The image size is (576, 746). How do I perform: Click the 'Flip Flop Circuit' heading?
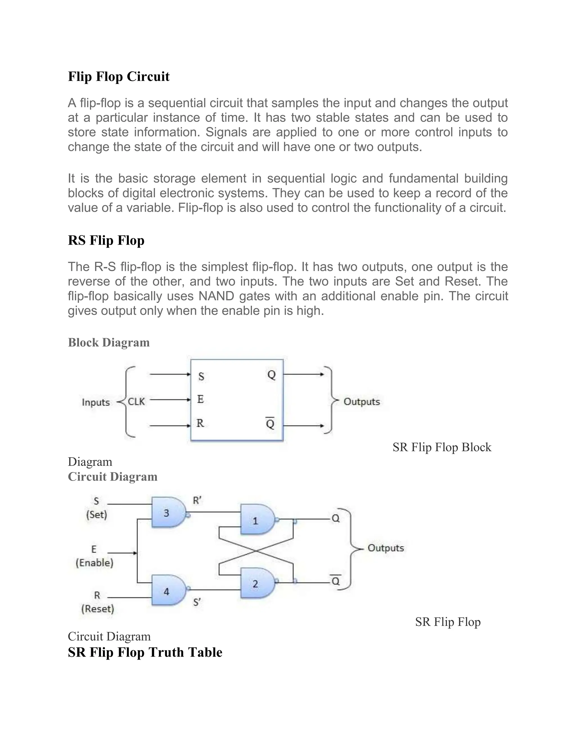click(x=118, y=77)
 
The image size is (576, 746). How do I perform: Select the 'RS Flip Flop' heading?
click(x=106, y=240)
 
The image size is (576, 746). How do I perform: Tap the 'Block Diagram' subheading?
click(x=109, y=342)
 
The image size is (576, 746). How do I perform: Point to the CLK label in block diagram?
click(x=136, y=402)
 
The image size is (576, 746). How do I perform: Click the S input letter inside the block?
click(x=201, y=377)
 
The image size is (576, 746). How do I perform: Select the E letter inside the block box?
click(x=201, y=399)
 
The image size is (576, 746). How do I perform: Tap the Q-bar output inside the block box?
click(x=270, y=424)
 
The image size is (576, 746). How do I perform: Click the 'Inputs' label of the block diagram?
click(x=96, y=402)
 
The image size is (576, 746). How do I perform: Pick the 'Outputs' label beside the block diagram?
click(x=362, y=402)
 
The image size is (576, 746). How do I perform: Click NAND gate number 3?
click(x=167, y=513)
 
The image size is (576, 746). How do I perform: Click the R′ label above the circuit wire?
click(x=197, y=501)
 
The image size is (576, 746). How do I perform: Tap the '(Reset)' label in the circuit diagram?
click(x=98, y=609)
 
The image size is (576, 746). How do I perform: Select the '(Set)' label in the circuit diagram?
click(x=96, y=515)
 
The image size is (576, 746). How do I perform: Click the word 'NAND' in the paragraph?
click(x=216, y=296)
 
